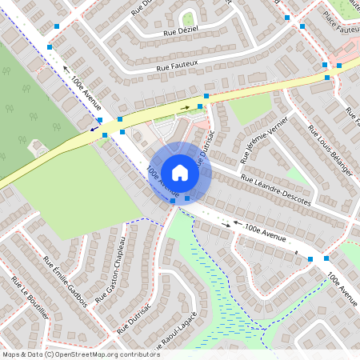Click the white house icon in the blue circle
(179, 172)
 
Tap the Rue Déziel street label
(181, 31)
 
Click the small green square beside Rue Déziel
(189, 18)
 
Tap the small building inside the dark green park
(37, 146)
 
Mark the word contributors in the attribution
(142, 354)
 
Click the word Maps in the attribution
(10, 354)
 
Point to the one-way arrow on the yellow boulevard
(186, 106)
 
